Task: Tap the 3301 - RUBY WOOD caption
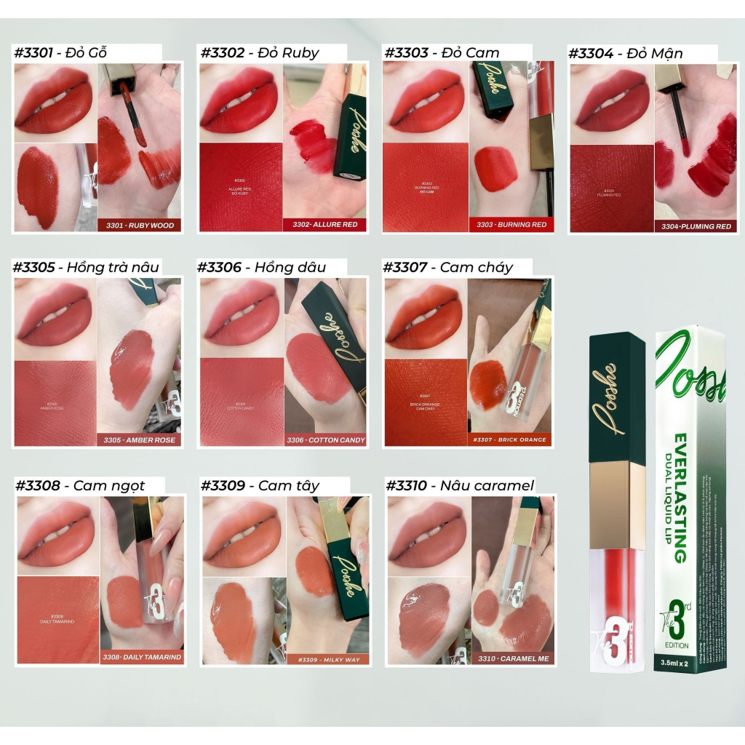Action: click(140, 226)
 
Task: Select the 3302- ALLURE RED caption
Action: click(325, 225)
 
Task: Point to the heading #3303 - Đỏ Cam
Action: click(442, 52)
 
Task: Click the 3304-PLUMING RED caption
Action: click(696, 226)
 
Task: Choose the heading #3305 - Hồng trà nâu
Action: click(86, 267)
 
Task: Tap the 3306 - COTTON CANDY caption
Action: click(325, 439)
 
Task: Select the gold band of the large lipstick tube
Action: click(617, 505)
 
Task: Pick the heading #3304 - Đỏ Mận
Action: click(625, 52)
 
